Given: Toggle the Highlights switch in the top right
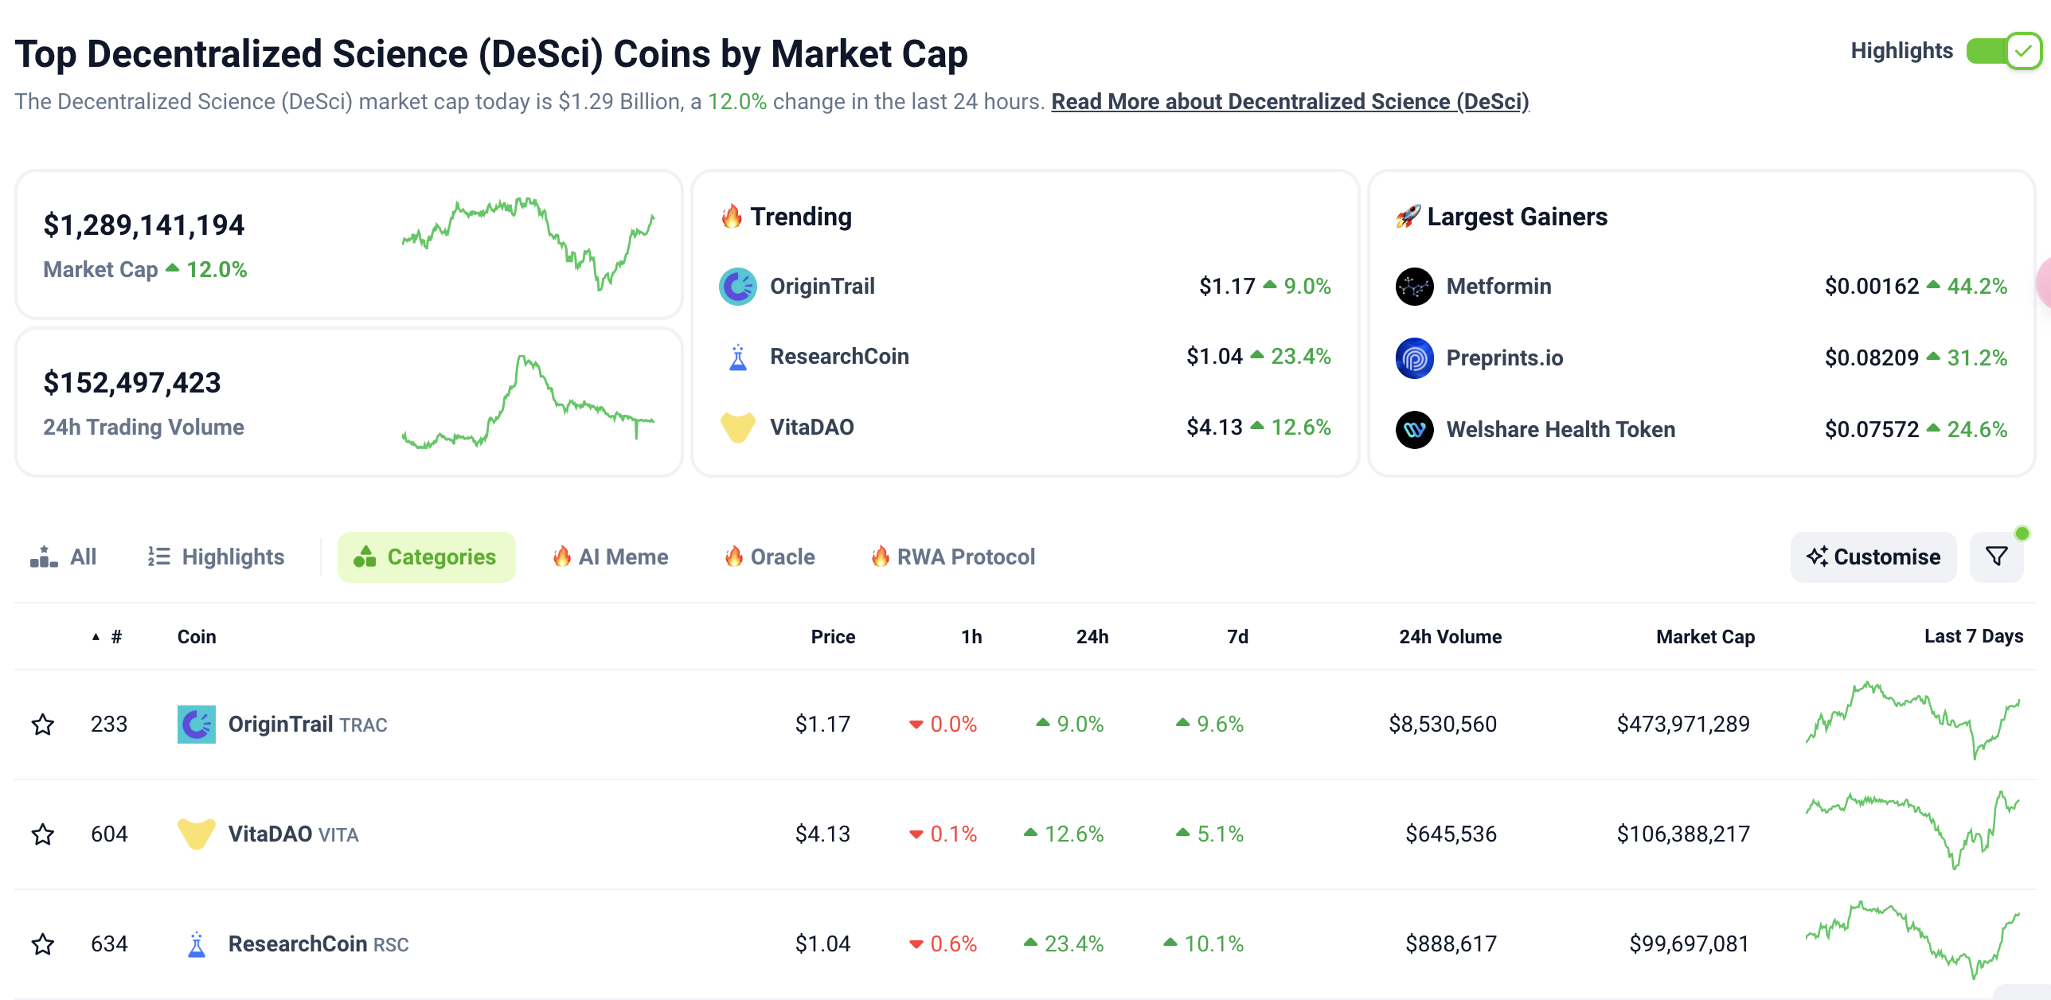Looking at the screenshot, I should tap(2002, 52).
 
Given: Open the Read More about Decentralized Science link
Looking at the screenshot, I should tap(1289, 102).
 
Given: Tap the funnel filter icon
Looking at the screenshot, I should tap(1996, 557).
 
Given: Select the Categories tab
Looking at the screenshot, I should tap(426, 557).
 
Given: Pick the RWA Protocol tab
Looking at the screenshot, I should tap(953, 557).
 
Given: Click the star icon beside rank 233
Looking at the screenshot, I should tap(43, 725).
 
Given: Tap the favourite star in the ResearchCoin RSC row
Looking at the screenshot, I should tap(43, 944).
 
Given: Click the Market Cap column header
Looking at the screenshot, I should tap(1705, 637).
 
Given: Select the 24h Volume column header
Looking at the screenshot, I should tap(1450, 637).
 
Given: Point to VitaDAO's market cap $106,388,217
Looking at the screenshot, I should tap(1682, 834).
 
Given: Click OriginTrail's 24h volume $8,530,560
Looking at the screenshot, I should tap(1442, 725).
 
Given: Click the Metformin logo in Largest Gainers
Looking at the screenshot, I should tap(1414, 287).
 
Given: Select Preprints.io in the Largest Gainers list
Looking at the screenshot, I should tap(1504, 358).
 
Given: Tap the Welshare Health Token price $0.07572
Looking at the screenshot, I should tap(1871, 430).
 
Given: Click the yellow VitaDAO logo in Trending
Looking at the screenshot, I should tap(737, 428).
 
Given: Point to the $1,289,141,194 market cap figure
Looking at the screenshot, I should tap(144, 225).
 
